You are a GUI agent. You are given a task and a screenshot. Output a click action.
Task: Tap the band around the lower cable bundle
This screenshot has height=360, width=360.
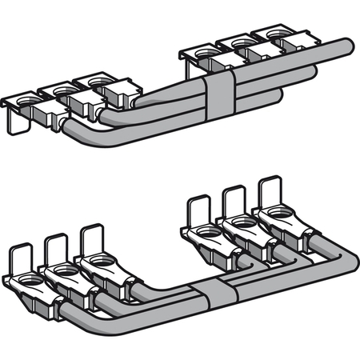pyautogui.click(x=218, y=295)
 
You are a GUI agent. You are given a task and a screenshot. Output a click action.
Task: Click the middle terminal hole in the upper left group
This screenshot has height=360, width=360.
pyautogui.click(x=62, y=88)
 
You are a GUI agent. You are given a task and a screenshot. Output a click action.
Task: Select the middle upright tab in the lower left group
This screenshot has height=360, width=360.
pyautogui.click(x=56, y=250)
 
